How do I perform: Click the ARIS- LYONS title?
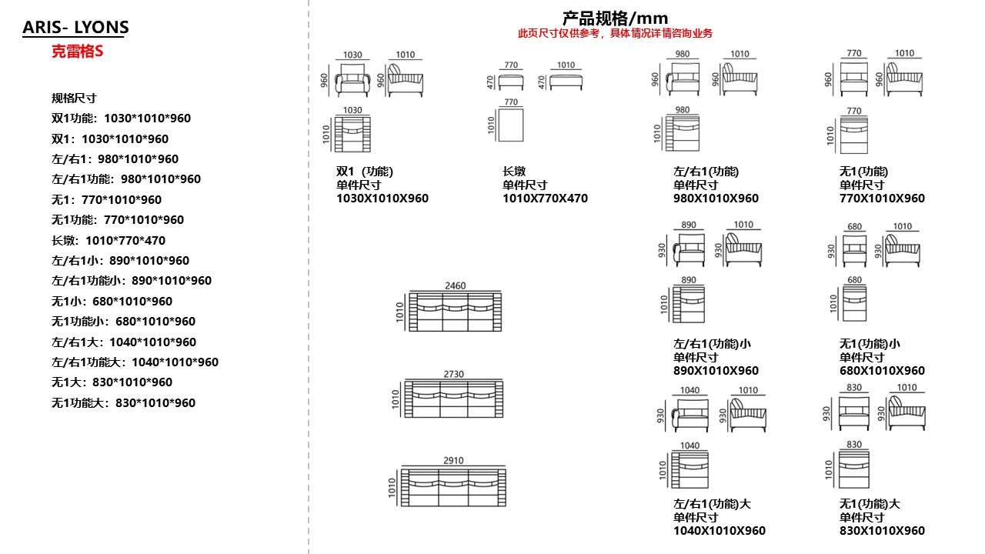[75, 27]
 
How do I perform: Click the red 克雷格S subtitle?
[78, 52]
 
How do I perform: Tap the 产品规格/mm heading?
[615, 18]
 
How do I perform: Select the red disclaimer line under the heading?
[615, 33]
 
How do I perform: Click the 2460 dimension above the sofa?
[455, 285]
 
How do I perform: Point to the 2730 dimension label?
[454, 374]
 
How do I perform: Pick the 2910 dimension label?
[453, 460]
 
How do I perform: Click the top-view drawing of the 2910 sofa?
[453, 488]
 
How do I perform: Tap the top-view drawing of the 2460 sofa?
[455, 312]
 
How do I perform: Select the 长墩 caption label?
[514, 171]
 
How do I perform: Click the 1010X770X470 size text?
[546, 199]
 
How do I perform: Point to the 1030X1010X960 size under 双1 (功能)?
[382, 199]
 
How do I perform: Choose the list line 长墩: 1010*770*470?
[109, 241]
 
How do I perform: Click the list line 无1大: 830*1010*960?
[112, 382]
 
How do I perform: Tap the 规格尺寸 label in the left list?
[74, 98]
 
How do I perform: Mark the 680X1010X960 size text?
[882, 371]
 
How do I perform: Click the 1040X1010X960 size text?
[720, 531]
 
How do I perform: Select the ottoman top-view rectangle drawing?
[511, 125]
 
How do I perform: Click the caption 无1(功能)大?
[870, 503]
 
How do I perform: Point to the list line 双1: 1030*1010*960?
[110, 139]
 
